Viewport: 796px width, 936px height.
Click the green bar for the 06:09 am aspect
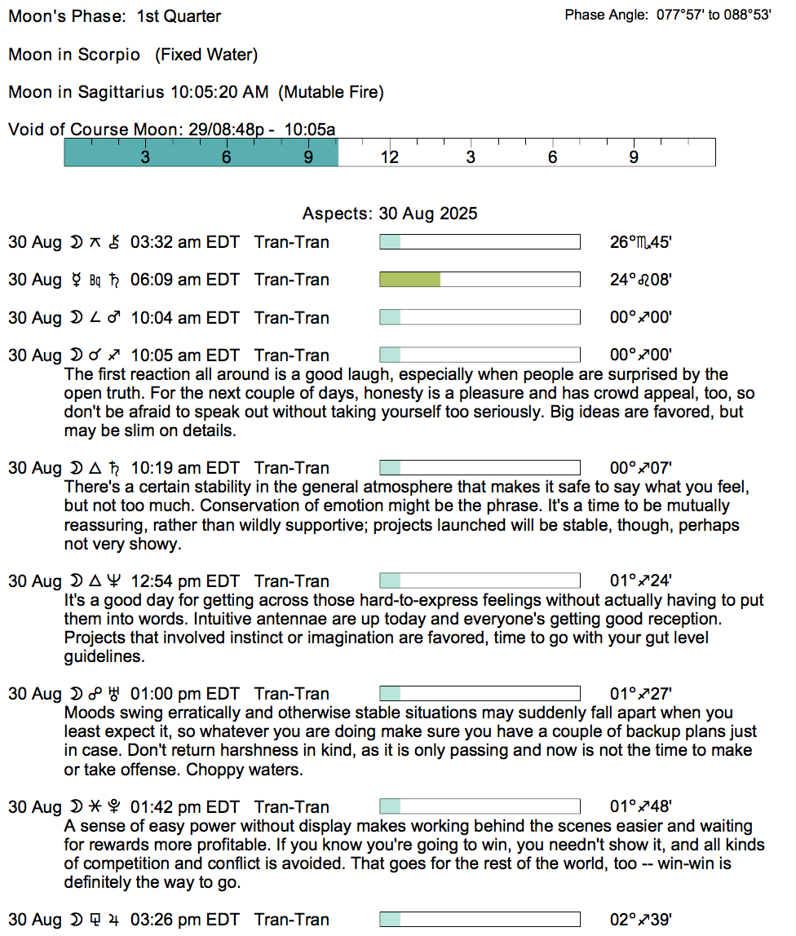tap(410, 280)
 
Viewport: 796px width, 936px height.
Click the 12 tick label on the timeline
tap(390, 157)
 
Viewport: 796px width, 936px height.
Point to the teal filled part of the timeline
tap(201, 152)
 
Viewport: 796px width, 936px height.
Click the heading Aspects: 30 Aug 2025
tap(390, 214)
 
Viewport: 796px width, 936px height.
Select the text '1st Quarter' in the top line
tap(179, 16)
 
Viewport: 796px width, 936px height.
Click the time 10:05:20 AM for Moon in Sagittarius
tap(219, 92)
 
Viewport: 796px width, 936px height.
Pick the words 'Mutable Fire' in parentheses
tap(331, 92)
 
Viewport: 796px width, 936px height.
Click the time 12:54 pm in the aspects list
tap(166, 581)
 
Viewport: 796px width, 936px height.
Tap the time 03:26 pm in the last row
tap(166, 920)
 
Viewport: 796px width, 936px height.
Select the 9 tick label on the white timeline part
tap(634, 157)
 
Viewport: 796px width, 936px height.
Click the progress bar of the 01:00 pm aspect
tap(480, 694)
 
